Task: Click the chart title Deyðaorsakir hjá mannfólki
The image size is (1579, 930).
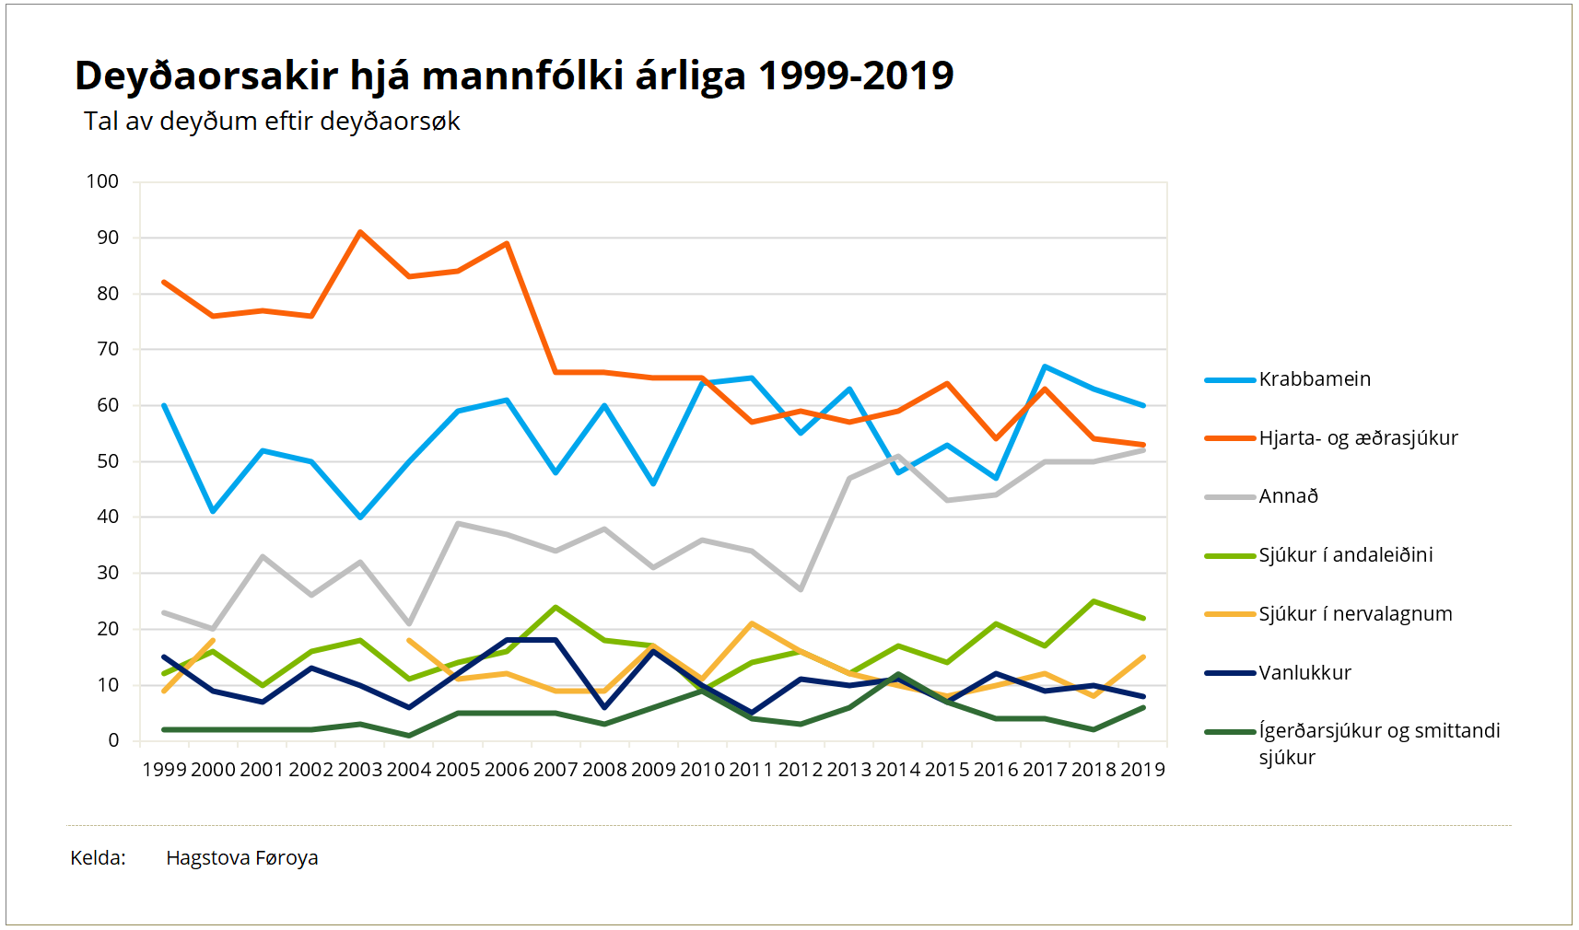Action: pos(513,76)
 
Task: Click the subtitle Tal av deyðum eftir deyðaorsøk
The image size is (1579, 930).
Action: pos(272,122)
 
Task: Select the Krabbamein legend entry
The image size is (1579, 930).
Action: pos(1315,379)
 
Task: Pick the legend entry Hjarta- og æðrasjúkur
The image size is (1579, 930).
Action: pos(1358,438)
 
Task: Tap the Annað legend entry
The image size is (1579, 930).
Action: pos(1288,496)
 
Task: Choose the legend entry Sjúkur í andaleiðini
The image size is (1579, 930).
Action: pos(1345,555)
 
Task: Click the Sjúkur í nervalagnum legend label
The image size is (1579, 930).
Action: pos(1355,614)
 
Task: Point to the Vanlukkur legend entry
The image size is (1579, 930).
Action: pos(1304,673)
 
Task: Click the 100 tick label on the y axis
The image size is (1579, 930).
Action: pos(102,181)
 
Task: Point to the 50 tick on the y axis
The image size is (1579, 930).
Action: pos(108,461)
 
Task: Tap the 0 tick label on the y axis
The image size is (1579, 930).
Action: pos(113,740)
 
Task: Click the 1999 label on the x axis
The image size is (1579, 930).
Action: pos(164,770)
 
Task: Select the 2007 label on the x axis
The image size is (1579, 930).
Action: pos(556,770)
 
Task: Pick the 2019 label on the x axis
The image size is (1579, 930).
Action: pos(1142,770)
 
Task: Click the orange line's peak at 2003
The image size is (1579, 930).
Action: pos(360,232)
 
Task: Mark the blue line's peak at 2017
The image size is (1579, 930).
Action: pos(1045,366)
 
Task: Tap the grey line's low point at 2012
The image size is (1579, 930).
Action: pos(801,589)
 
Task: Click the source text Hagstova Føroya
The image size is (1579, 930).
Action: pos(241,858)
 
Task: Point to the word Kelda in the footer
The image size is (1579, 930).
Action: pos(97,858)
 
